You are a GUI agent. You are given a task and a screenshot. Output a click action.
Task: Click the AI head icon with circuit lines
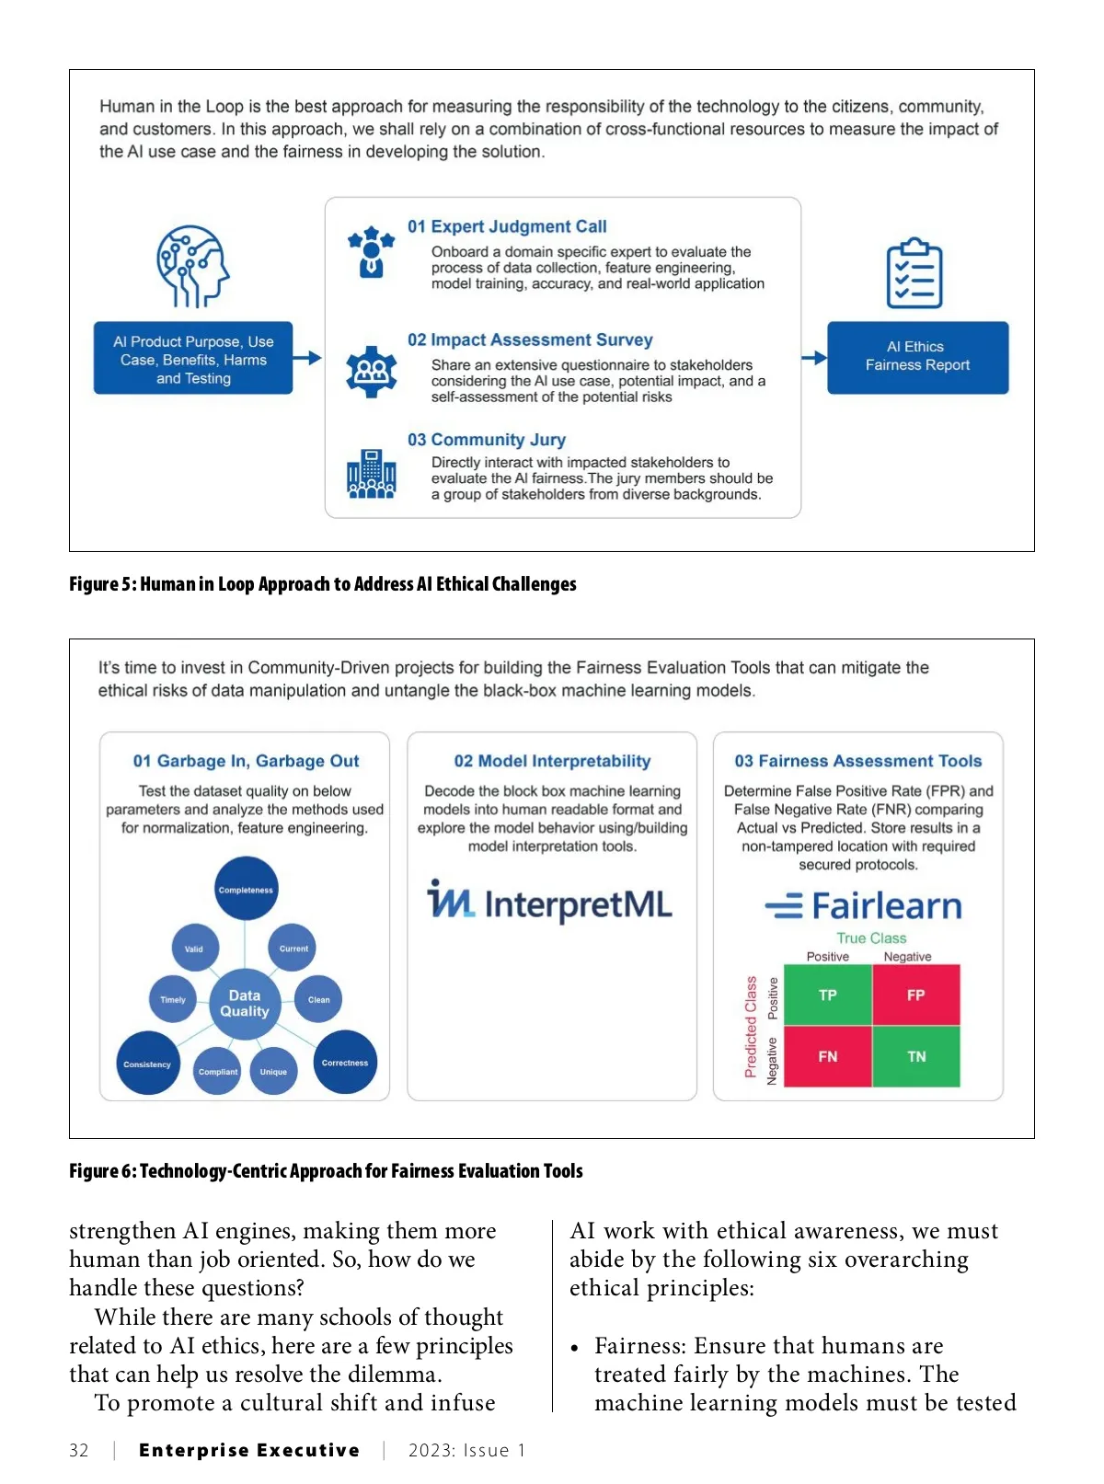click(x=192, y=266)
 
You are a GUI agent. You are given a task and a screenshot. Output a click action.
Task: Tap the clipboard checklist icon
click(x=914, y=273)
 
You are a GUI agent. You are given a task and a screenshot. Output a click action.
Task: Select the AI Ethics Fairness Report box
click(x=917, y=357)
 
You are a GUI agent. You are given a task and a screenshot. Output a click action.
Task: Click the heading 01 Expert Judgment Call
click(x=507, y=226)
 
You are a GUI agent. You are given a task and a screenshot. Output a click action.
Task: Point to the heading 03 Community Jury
click(x=487, y=440)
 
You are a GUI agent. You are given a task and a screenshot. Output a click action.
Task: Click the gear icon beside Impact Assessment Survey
click(x=372, y=372)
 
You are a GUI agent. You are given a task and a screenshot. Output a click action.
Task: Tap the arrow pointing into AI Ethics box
click(x=813, y=358)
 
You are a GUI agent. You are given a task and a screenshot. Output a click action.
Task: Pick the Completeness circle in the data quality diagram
click(x=246, y=889)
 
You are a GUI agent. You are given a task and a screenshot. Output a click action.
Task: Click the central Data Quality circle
click(x=245, y=1003)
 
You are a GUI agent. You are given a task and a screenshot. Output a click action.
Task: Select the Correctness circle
click(x=345, y=1062)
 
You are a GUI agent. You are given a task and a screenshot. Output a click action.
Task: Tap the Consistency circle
click(x=147, y=1064)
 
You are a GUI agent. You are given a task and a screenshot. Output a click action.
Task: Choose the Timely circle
click(x=173, y=999)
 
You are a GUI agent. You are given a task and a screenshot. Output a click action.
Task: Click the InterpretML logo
click(x=550, y=902)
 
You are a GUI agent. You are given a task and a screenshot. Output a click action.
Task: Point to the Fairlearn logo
click(x=863, y=906)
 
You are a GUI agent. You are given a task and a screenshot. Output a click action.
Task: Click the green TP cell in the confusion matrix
click(x=827, y=995)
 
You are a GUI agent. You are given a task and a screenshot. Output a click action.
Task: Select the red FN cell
click(x=827, y=1056)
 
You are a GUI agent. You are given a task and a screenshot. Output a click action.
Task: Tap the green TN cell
click(x=916, y=1056)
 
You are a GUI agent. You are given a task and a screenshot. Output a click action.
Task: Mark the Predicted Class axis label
click(x=751, y=1026)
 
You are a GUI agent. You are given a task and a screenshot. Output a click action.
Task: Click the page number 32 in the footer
click(x=79, y=1450)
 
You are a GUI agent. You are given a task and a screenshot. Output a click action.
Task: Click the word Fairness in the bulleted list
click(x=640, y=1346)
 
